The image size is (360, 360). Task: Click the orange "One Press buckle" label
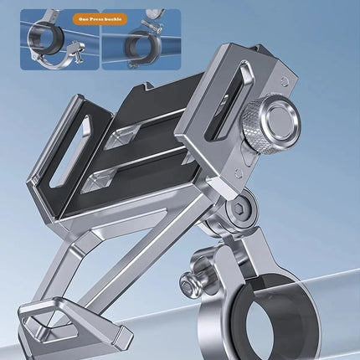(100, 19)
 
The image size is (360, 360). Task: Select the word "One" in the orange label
(83, 19)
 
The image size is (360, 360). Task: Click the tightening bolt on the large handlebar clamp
(193, 282)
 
